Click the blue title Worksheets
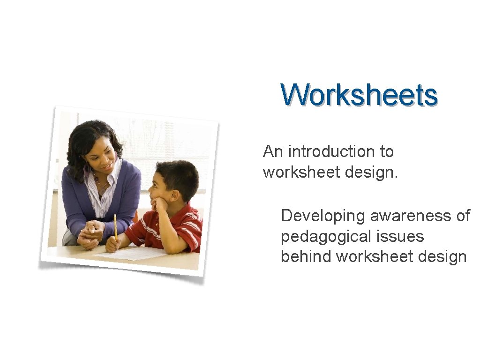click(x=359, y=95)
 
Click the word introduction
click(x=331, y=151)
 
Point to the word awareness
click(x=411, y=216)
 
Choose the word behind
click(x=306, y=256)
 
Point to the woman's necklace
click(x=101, y=182)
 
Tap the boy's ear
click(x=174, y=195)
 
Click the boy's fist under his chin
click(x=160, y=204)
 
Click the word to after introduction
click(x=387, y=151)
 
